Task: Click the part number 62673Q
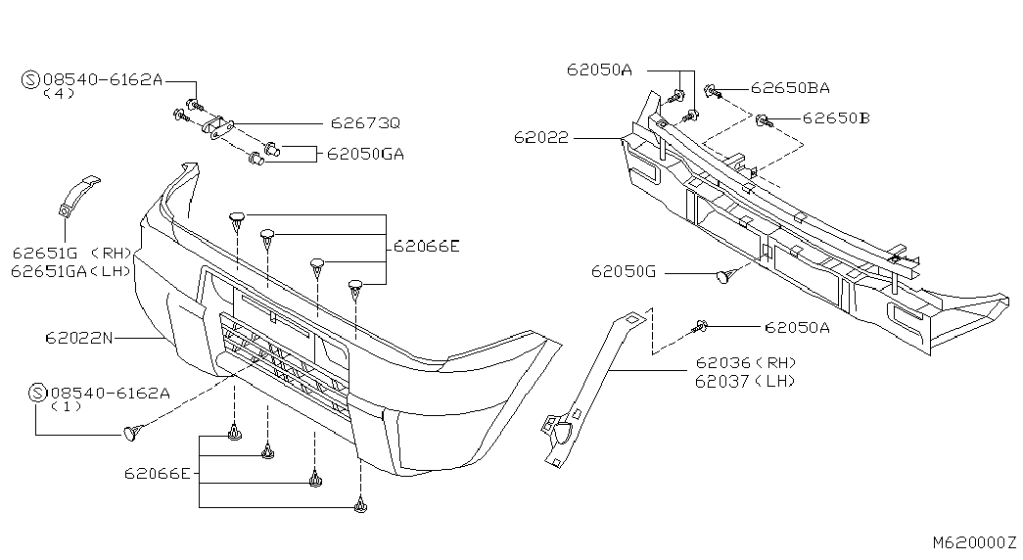(x=364, y=123)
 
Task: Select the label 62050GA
(x=365, y=154)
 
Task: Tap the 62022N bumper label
(x=78, y=339)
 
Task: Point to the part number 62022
(x=539, y=138)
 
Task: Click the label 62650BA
(x=790, y=87)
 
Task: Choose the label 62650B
(x=836, y=119)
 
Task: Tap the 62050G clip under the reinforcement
(x=725, y=277)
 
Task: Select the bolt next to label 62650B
(x=762, y=121)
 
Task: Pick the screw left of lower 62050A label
(x=702, y=326)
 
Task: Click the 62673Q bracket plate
(x=219, y=128)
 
